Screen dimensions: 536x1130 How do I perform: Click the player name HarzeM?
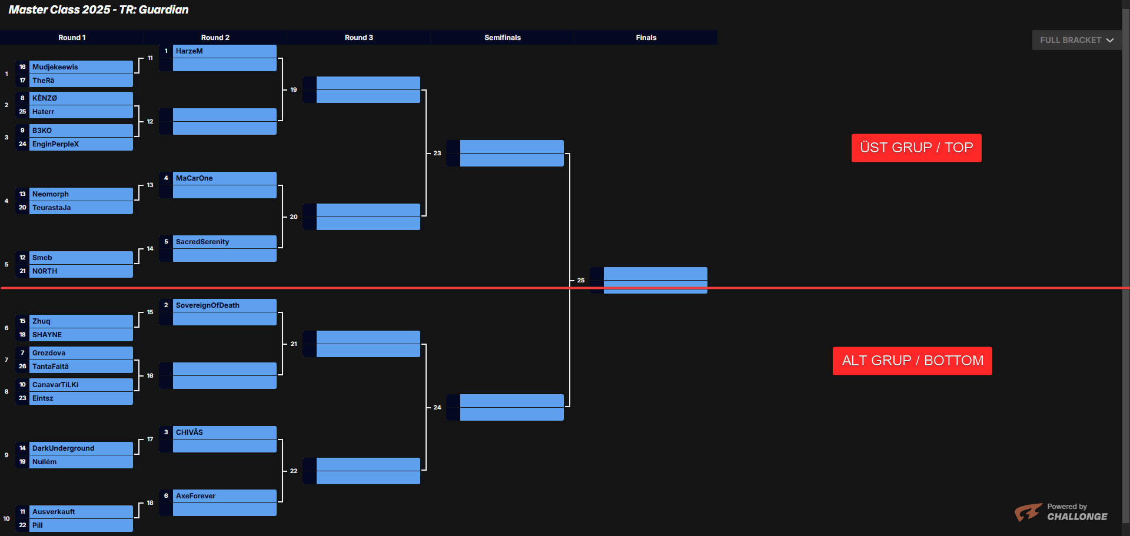pos(190,51)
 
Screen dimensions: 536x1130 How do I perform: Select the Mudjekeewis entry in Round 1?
pos(55,67)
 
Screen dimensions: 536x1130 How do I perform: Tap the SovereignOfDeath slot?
pos(208,305)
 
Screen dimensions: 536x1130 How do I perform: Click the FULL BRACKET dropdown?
pos(1076,40)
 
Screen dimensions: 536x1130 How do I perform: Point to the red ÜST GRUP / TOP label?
pos(916,148)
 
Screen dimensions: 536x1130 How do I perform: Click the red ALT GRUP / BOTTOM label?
pos(912,361)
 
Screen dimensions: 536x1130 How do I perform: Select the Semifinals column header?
pos(502,38)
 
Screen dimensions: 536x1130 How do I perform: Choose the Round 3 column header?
pos(358,38)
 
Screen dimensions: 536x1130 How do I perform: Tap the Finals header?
pos(646,38)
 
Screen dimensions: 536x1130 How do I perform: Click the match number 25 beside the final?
pos(581,281)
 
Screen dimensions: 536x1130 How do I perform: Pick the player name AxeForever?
pos(196,496)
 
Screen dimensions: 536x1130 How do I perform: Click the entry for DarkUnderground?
pos(64,448)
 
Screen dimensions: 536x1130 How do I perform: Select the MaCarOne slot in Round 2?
pos(195,178)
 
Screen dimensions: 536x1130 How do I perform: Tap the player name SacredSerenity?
pos(202,242)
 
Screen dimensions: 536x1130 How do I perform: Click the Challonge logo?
pos(1061,512)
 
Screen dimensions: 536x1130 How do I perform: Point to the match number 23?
pos(437,154)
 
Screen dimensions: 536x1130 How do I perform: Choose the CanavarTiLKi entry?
pos(55,385)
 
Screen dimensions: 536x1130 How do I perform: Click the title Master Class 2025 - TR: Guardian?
pos(99,9)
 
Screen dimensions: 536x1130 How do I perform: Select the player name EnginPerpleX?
pos(55,144)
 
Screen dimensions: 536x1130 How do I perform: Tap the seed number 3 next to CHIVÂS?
pos(166,432)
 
